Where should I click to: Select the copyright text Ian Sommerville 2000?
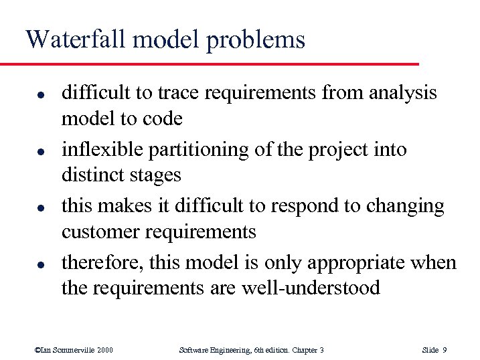tap(73, 350)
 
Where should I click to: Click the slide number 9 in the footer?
tap(446, 350)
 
